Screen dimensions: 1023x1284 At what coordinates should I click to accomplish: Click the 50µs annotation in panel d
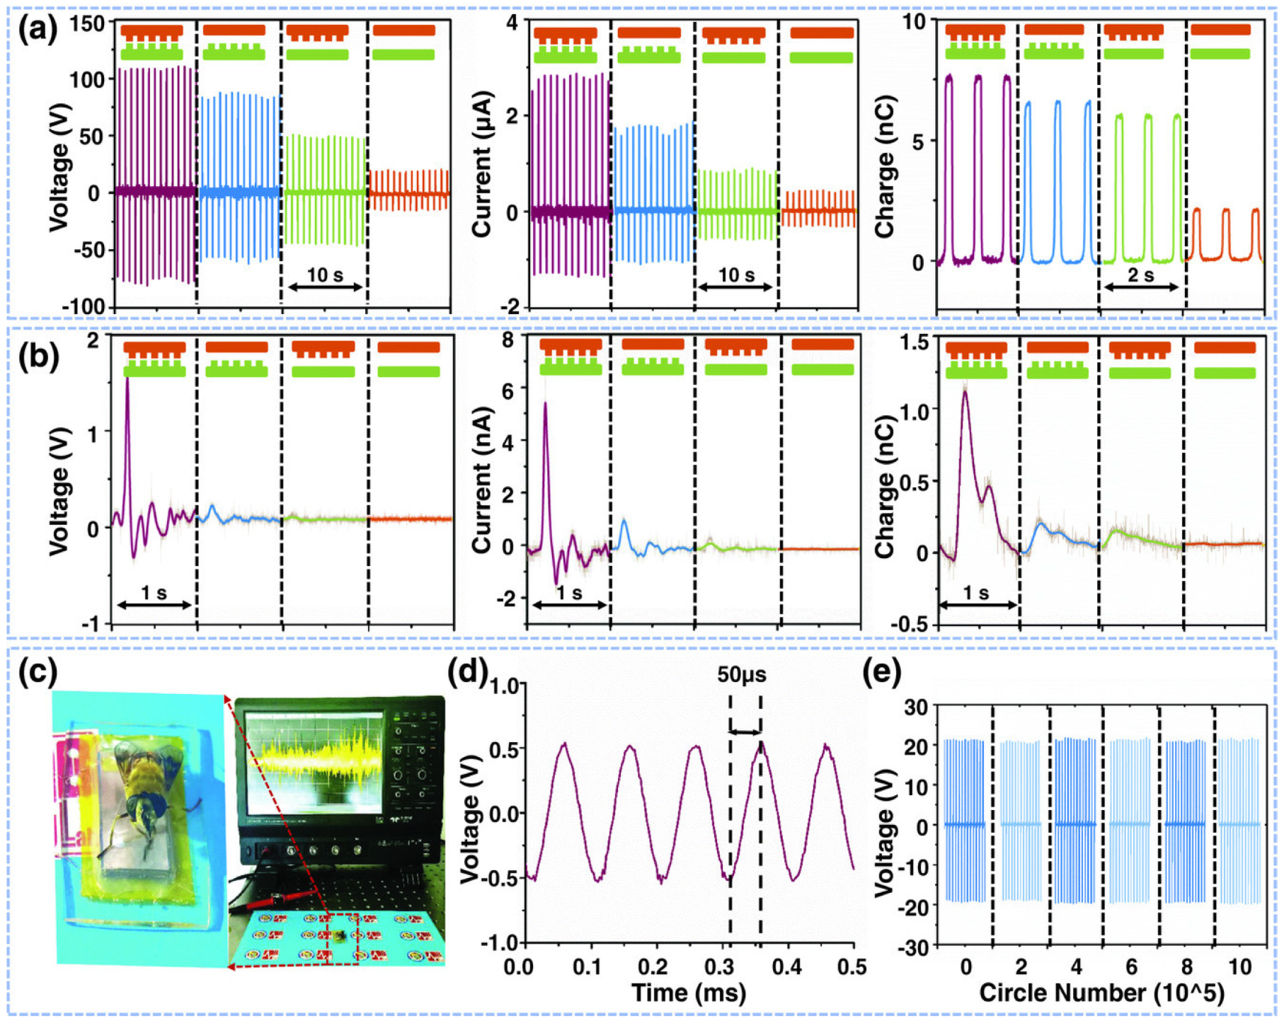(x=741, y=674)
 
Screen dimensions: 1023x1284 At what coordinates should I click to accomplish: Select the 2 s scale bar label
(x=1140, y=274)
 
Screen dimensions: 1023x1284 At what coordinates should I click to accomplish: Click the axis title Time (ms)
(x=688, y=993)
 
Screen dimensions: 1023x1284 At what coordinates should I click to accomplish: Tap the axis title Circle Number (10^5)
(x=1101, y=993)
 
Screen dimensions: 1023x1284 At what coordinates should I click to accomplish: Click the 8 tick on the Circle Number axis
(x=1186, y=966)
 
